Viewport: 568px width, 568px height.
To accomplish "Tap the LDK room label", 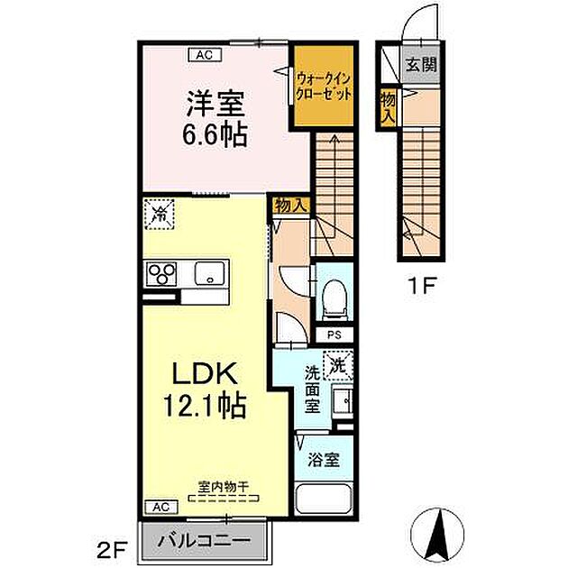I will (x=204, y=372).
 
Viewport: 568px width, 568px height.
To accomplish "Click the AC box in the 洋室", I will (x=205, y=54).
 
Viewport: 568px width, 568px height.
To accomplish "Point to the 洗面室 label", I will (x=312, y=388).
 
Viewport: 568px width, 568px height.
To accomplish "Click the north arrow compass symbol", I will (x=439, y=532).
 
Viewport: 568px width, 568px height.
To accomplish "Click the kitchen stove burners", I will (x=160, y=273).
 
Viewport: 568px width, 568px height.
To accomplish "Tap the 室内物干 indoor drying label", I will (x=223, y=488).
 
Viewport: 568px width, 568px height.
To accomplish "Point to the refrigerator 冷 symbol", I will (x=160, y=213).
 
